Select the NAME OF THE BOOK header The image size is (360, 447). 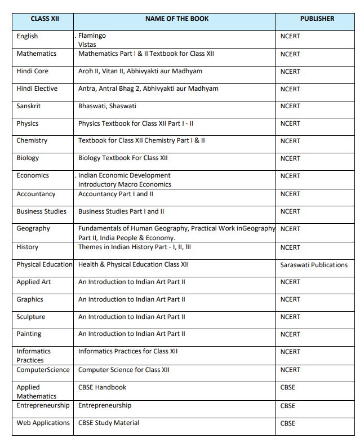[176, 19]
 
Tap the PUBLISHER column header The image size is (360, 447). [317, 19]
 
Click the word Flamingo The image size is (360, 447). [92, 36]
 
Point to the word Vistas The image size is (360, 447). [87, 44]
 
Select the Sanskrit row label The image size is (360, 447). [29, 105]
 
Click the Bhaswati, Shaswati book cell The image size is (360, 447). [107, 105]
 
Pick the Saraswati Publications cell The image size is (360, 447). [314, 264]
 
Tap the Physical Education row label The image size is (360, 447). [44, 264]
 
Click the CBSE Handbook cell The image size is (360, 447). [102, 387]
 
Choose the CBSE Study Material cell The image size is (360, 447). [109, 423]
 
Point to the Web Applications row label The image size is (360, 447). [43, 423]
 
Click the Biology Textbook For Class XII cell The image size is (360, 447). [123, 158]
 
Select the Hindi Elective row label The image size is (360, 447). [37, 88]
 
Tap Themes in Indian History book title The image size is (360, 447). [135, 246]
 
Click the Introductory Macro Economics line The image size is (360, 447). [125, 184]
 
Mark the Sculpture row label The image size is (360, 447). [30, 317]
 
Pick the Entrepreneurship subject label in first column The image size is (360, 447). [43, 405]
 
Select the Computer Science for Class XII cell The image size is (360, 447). [123, 370]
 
